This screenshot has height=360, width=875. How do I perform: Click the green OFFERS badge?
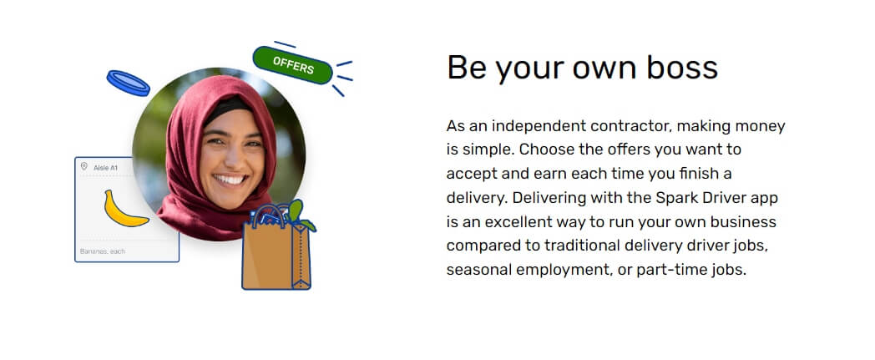point(292,65)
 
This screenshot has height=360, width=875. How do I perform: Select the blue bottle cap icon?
point(129,84)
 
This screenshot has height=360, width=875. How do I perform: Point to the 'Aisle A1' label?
point(105,167)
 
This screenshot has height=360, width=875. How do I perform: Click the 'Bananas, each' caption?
point(103,251)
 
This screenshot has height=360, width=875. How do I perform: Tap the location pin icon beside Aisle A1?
point(84,166)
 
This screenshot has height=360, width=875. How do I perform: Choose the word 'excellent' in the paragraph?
point(524,222)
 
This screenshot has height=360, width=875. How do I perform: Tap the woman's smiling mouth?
point(230,180)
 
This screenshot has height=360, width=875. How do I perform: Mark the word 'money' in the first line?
point(760,127)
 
